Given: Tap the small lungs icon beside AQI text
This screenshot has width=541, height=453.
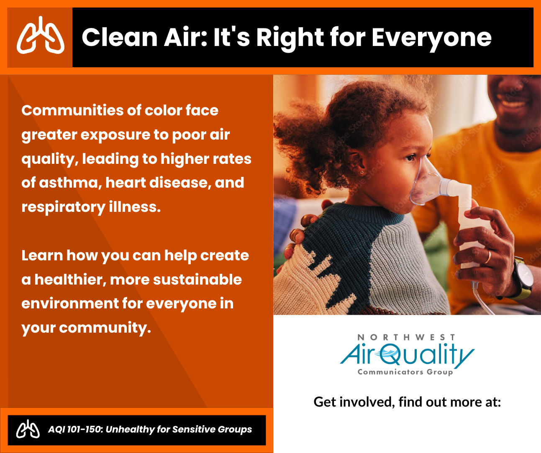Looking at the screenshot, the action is pyautogui.click(x=28, y=429).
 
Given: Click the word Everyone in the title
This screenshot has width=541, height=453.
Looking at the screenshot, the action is pyautogui.click(x=431, y=39).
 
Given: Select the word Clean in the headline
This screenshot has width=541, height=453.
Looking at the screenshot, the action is pyautogui.click(x=119, y=37).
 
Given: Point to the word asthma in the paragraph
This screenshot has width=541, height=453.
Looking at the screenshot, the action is pyautogui.click(x=69, y=183).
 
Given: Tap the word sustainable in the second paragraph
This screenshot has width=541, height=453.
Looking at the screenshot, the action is pyautogui.click(x=197, y=280).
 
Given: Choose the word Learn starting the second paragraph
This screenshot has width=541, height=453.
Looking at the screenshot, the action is pyautogui.click(x=42, y=255).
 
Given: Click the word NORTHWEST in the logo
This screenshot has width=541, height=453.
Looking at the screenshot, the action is pyautogui.click(x=406, y=337).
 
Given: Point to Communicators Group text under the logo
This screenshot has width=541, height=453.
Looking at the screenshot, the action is pyautogui.click(x=405, y=372).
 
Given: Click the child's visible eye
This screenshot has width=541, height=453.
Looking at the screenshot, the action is pyautogui.click(x=410, y=157).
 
